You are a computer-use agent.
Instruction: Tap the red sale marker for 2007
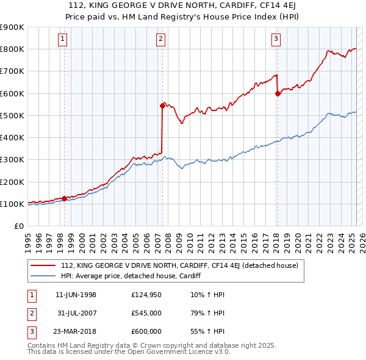point(162,106)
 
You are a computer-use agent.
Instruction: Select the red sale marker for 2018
point(278,93)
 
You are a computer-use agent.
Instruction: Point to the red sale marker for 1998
point(64,198)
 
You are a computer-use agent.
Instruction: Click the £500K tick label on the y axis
point(12,115)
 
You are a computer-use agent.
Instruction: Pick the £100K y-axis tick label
point(12,204)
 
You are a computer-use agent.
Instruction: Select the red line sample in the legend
point(43,265)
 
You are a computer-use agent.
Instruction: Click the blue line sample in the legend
point(43,276)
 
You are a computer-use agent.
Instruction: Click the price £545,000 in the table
point(146,313)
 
